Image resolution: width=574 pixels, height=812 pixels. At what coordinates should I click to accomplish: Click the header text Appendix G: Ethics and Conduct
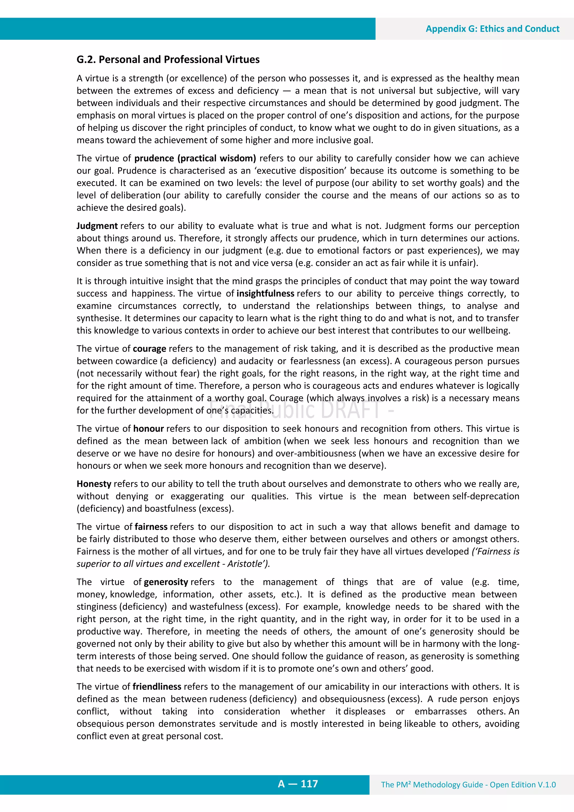click(x=492, y=29)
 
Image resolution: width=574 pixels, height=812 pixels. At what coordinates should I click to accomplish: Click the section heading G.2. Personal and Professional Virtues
click(x=168, y=59)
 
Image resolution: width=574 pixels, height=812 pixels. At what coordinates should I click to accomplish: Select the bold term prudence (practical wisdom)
click(x=195, y=158)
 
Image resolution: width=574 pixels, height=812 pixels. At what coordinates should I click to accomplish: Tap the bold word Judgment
click(x=97, y=226)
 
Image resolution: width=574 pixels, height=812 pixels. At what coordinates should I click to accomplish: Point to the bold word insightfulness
click(x=265, y=293)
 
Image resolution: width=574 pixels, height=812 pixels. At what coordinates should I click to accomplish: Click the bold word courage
click(x=149, y=349)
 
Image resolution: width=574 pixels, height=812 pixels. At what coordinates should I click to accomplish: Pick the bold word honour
click(x=148, y=429)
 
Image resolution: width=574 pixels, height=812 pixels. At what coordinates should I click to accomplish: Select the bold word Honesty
click(x=94, y=484)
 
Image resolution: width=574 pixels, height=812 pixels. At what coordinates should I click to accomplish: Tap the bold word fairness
click(x=151, y=527)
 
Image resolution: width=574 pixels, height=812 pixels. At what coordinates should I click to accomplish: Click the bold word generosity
click(x=166, y=582)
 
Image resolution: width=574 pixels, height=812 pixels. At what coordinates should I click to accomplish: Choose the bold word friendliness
click(x=157, y=686)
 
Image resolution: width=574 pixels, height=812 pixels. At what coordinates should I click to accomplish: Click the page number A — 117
click(x=298, y=784)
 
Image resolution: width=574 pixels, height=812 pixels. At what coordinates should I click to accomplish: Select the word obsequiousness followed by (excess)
click(x=352, y=699)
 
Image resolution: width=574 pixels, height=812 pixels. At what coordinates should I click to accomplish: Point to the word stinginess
click(x=96, y=607)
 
